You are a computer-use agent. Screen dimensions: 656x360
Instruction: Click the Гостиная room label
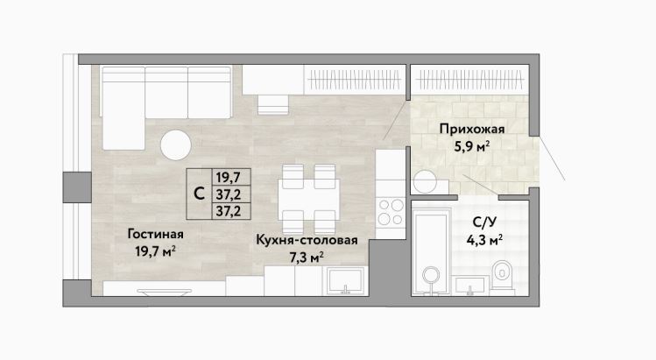155,234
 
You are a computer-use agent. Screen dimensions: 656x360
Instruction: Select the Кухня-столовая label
307,240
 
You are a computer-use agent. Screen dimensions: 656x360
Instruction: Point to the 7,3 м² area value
307,257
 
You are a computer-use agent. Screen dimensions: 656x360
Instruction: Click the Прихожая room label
472,129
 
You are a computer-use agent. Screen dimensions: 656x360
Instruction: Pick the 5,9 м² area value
472,146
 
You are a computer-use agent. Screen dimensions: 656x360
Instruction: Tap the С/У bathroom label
485,222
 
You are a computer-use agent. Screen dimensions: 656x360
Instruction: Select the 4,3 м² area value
484,240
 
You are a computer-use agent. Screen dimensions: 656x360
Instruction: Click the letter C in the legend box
200,194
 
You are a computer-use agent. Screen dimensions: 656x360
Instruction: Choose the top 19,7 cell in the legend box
229,178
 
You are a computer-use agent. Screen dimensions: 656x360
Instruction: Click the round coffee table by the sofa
176,145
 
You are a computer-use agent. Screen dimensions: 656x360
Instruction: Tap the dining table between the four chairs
309,199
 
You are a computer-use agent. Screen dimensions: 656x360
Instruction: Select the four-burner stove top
391,212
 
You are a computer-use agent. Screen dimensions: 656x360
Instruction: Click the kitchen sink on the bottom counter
345,281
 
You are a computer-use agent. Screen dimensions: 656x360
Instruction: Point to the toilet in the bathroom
502,275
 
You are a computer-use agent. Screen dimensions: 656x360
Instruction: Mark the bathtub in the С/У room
431,252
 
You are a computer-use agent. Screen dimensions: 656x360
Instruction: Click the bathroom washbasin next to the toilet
469,285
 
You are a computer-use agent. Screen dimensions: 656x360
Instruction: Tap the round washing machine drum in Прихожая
425,181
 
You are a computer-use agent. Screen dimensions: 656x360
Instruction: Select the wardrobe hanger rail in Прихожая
470,80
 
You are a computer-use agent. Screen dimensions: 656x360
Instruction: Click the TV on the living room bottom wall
164,292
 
